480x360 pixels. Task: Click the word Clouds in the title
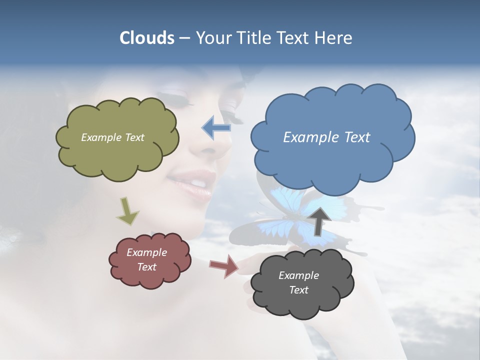pos(146,38)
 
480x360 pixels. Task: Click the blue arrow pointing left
pos(216,127)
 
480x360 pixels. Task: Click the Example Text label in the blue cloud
pos(326,137)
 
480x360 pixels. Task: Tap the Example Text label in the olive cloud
pos(112,137)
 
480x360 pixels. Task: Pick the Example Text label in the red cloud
pos(146,259)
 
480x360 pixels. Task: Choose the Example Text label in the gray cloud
pos(298,282)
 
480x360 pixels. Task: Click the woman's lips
pos(192,182)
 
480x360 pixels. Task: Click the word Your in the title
pos(211,38)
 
